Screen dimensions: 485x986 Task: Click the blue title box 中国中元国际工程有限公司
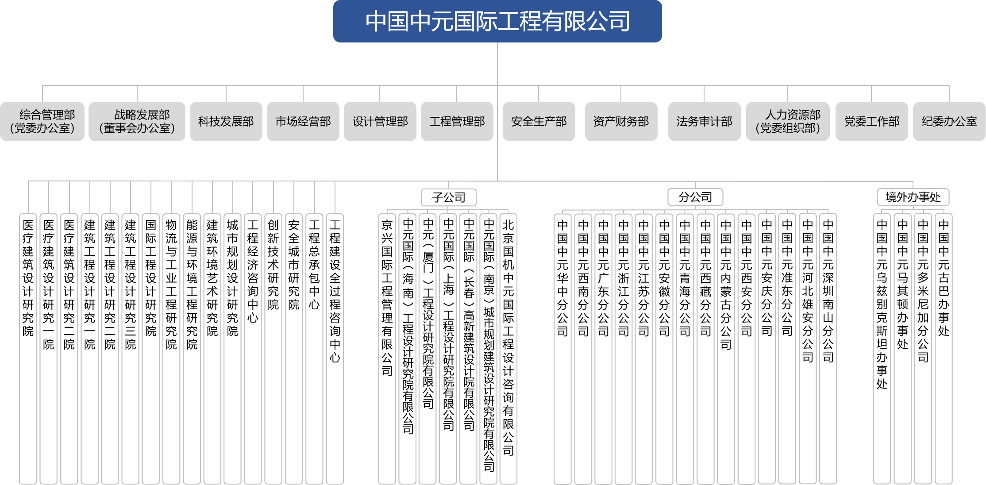click(x=497, y=21)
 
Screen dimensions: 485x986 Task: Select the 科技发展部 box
click(x=226, y=121)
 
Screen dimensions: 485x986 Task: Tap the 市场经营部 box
click(x=303, y=121)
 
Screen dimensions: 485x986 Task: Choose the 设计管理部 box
click(x=380, y=121)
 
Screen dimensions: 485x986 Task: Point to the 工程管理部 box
click(x=457, y=121)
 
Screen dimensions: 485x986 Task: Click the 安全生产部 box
click(x=539, y=121)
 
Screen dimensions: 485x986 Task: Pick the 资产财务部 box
click(x=621, y=121)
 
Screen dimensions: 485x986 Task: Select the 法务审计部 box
click(x=704, y=121)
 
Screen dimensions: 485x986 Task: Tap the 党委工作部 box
click(x=871, y=121)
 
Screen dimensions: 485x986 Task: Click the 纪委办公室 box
click(x=949, y=121)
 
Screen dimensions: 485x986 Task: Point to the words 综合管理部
click(x=47, y=115)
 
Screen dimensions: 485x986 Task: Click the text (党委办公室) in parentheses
click(x=42, y=128)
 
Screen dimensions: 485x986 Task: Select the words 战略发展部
click(x=142, y=115)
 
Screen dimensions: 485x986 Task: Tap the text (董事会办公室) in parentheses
click(x=137, y=128)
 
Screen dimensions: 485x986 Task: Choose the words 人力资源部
click(x=793, y=115)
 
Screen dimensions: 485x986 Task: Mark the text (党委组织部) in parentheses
click(x=788, y=128)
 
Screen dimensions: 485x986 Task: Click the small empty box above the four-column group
click(x=913, y=197)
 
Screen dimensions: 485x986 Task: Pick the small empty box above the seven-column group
click(x=449, y=197)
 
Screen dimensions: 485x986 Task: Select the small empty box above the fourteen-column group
click(x=695, y=197)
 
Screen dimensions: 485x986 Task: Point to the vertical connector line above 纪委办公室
click(x=949, y=93)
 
